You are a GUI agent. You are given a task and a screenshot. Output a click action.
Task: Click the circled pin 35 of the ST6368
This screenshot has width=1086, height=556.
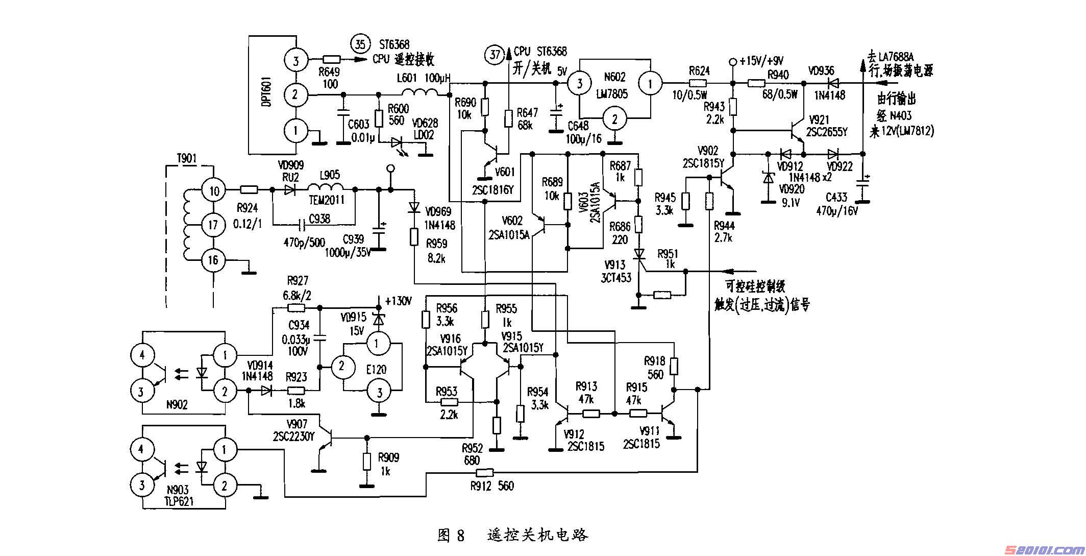[x=360, y=44]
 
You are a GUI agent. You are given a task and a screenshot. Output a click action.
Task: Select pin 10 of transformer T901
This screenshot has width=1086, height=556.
[x=214, y=191]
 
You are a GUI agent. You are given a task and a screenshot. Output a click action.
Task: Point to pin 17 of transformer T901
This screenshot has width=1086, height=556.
[x=213, y=225]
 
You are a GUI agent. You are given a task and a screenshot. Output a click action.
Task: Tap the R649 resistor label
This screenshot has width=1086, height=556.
[x=329, y=72]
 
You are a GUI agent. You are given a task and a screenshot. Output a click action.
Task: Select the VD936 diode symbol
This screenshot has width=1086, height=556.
[x=833, y=83]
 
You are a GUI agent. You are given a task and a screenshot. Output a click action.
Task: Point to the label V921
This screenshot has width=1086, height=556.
[x=820, y=119]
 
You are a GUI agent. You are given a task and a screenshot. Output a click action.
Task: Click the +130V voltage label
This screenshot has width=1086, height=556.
[x=398, y=301]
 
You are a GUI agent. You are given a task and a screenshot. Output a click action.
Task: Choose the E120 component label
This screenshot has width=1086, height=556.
[x=376, y=369]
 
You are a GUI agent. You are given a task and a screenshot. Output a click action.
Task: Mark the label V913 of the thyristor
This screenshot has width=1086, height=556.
[x=614, y=265]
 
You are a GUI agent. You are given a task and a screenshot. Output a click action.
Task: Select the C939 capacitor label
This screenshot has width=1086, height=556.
[x=353, y=239]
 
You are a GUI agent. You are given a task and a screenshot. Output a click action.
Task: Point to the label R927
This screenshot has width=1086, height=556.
[x=298, y=280]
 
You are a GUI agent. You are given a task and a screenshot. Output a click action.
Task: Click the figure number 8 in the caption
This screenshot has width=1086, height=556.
[x=460, y=535]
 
